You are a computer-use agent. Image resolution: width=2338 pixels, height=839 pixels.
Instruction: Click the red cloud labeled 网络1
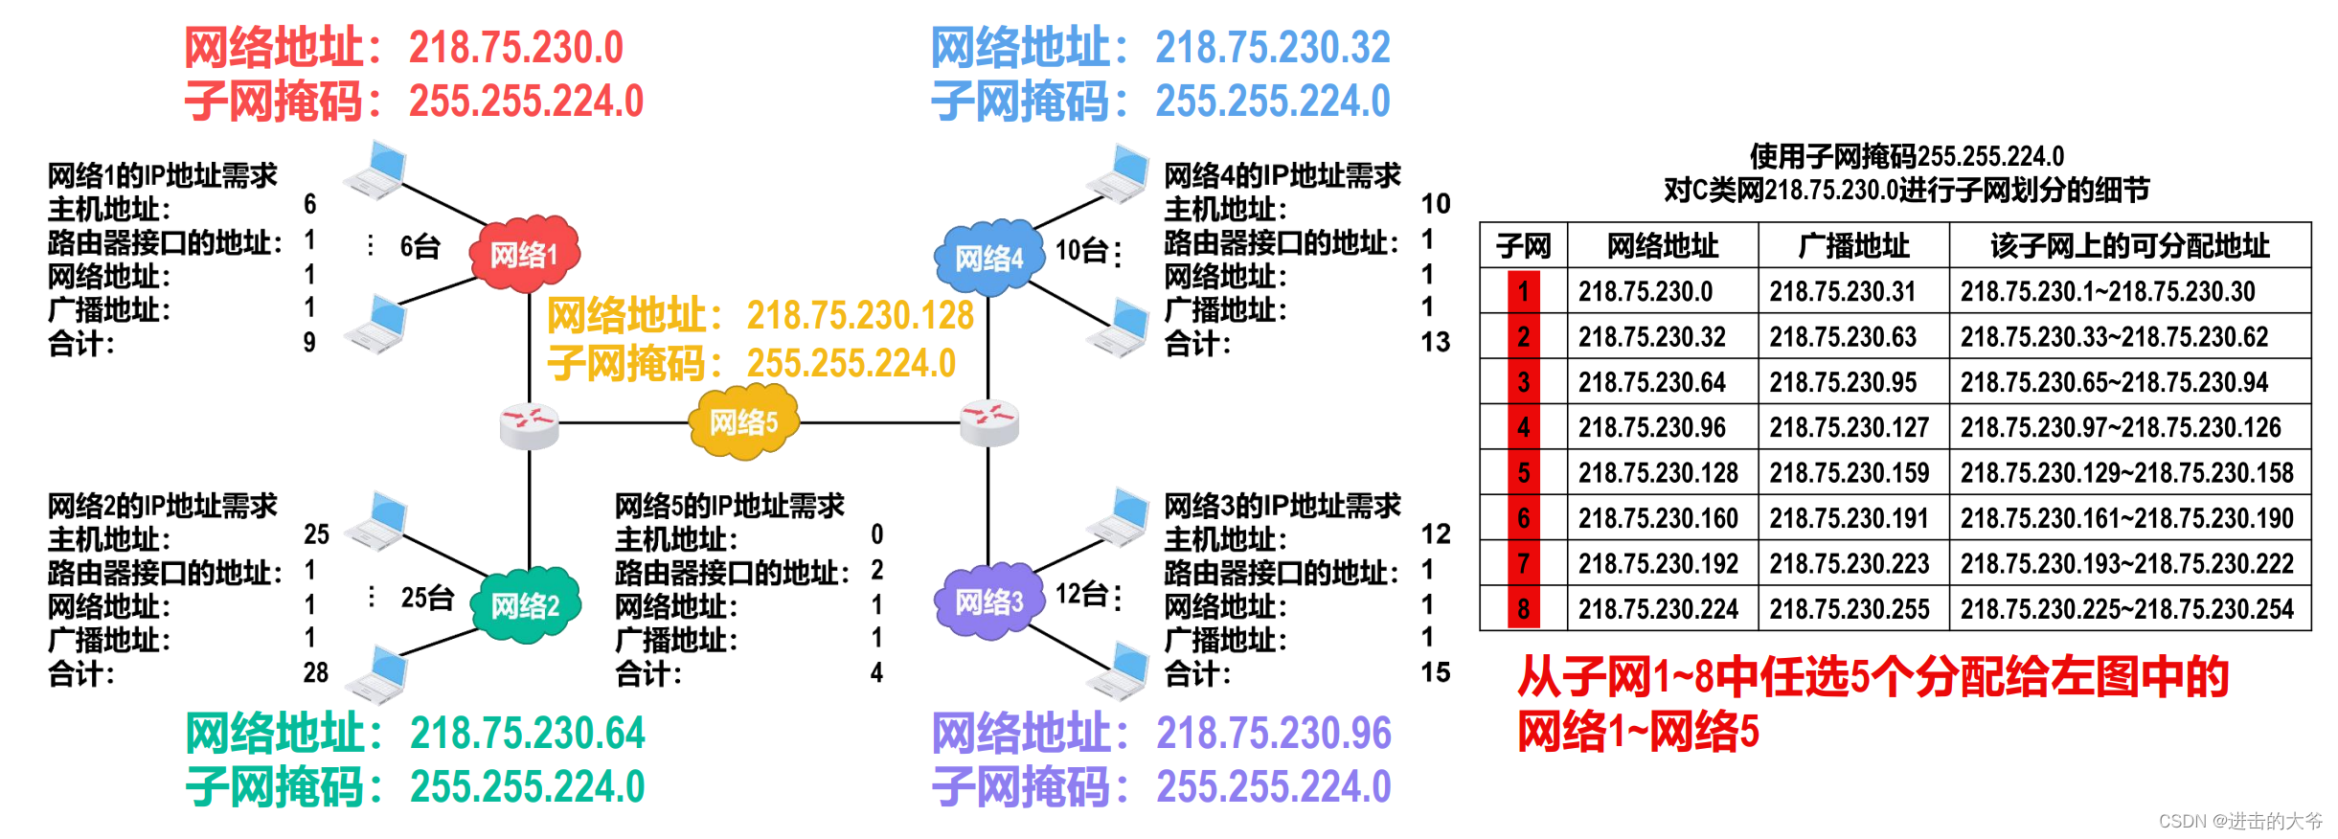pyautogui.click(x=524, y=254)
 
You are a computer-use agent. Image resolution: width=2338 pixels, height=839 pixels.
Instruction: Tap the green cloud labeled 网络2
pyautogui.click(x=526, y=604)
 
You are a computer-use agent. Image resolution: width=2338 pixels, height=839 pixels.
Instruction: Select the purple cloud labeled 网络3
pyautogui.click(x=988, y=601)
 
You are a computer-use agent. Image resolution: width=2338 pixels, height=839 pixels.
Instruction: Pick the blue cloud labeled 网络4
pyautogui.click(x=988, y=257)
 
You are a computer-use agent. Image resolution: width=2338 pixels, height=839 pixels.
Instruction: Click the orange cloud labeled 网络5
pyautogui.click(x=743, y=421)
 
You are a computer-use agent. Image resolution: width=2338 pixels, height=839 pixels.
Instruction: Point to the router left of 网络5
pyautogui.click(x=529, y=424)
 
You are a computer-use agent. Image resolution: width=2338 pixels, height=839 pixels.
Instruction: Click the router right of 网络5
pyautogui.click(x=988, y=422)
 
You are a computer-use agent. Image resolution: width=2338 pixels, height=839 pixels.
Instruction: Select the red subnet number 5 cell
pyautogui.click(x=1523, y=472)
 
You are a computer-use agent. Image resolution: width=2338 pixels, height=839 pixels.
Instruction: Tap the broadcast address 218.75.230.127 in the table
pyautogui.click(x=1849, y=427)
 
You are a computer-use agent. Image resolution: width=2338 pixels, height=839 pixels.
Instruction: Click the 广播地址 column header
pyautogui.click(x=1852, y=246)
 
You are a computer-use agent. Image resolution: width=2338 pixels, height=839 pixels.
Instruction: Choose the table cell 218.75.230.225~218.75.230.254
pyautogui.click(x=2126, y=609)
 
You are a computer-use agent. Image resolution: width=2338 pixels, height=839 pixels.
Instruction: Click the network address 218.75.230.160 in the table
pyautogui.click(x=1658, y=518)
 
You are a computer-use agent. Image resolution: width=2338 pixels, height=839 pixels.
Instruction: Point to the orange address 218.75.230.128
pyautogui.click(x=859, y=315)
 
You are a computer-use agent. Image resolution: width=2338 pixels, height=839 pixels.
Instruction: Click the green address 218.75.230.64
pyautogui.click(x=527, y=734)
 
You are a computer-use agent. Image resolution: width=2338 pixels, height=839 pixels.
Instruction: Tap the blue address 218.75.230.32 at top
pyautogui.click(x=1272, y=48)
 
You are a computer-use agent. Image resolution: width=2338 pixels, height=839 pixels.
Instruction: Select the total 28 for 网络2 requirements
pyautogui.click(x=315, y=672)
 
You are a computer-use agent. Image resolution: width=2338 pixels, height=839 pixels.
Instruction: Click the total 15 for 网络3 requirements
pyautogui.click(x=1435, y=672)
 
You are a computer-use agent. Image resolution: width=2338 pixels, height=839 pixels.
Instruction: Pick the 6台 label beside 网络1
pyautogui.click(x=420, y=247)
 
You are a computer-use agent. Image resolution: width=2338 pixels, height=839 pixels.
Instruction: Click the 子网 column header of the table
pyautogui.click(x=1523, y=246)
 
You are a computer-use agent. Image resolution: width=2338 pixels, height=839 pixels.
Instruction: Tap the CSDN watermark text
pyautogui.click(x=2239, y=821)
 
